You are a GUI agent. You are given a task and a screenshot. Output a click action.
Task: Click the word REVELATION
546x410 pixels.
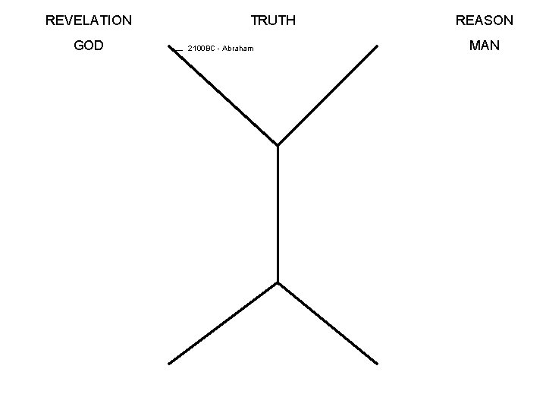[89, 20]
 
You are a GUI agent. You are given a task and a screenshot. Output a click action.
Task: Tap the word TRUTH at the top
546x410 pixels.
[273, 20]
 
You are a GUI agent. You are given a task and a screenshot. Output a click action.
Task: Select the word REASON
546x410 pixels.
[484, 20]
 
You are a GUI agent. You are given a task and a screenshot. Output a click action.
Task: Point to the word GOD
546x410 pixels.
[89, 46]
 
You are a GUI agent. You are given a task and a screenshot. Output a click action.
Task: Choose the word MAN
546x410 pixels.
[484, 46]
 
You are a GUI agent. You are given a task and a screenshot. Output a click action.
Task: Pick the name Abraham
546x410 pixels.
[238, 49]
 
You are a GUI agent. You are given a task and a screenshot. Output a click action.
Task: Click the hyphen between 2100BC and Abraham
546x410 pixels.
[218, 49]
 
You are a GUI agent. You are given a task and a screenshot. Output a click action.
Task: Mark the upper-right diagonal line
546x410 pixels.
[328, 95]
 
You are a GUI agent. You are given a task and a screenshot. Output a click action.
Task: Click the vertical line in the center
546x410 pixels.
[278, 213]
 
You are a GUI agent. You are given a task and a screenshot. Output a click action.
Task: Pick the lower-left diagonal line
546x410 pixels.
[224, 323]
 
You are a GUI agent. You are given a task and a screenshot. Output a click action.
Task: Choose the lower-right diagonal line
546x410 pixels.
[328, 323]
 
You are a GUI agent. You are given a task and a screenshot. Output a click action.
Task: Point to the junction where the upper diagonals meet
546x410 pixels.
[278, 144]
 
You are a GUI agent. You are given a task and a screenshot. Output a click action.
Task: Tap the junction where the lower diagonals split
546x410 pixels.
[278, 282]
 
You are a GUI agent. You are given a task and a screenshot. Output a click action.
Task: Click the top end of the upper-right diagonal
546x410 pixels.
[377, 46]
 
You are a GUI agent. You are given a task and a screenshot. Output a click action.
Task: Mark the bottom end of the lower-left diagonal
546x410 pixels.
[168, 363]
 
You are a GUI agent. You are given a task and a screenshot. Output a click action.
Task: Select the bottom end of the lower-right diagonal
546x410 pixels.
[377, 363]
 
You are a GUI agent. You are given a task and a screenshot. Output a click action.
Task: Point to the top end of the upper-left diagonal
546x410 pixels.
[168, 45]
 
